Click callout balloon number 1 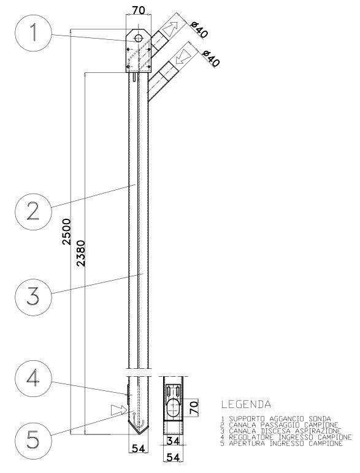point(33,32)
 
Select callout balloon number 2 point(33,212)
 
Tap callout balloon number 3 point(33,297)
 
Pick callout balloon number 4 point(33,378)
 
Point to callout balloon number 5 point(33,439)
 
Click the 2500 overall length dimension point(66,232)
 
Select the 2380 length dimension point(81,253)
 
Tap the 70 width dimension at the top point(139,10)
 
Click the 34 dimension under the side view point(173,441)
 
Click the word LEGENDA point(246,404)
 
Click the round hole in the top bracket point(139,39)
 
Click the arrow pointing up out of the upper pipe point(170,29)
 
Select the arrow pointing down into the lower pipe point(183,56)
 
